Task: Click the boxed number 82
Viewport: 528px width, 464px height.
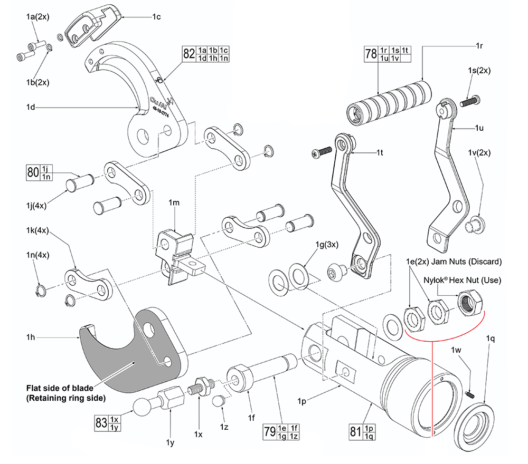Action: tap(188, 54)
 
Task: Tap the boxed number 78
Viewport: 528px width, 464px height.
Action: tap(371, 54)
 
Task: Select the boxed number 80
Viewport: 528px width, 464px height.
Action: tap(33, 172)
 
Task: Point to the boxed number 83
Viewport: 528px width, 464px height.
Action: tap(100, 423)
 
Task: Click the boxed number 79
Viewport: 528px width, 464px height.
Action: tap(270, 433)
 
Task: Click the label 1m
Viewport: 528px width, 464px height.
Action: tap(174, 203)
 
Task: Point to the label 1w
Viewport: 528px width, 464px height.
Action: tap(457, 350)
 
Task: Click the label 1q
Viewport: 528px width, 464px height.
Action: tap(491, 339)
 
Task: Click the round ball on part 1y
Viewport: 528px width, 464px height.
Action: tap(142, 408)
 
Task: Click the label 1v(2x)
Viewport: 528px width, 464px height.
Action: tap(479, 153)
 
